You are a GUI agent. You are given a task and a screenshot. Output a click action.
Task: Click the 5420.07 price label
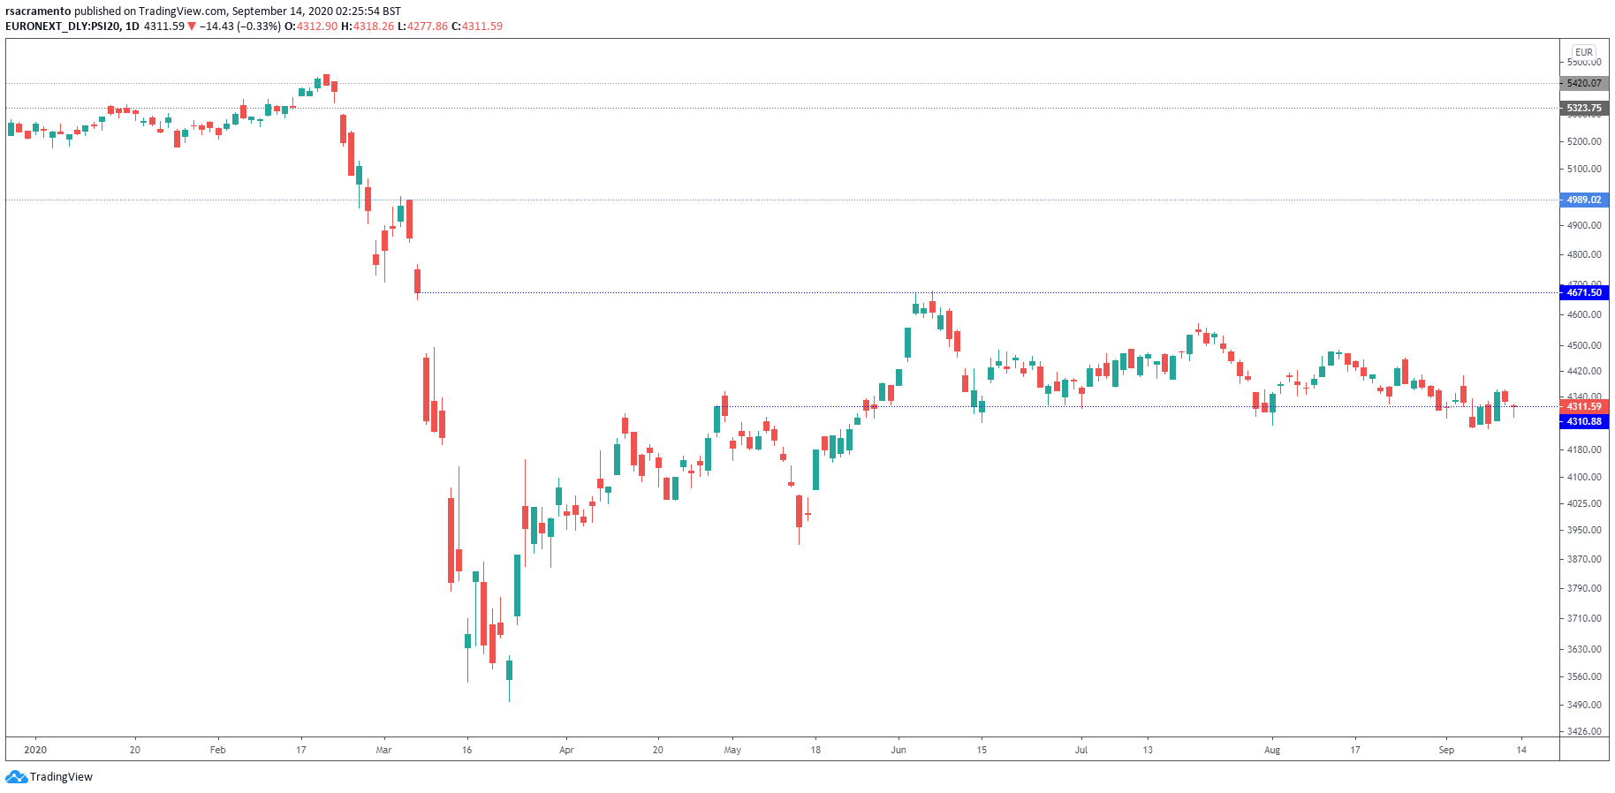pyautogui.click(x=1583, y=83)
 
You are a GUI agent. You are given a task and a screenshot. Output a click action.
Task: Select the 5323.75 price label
pyautogui.click(x=1583, y=108)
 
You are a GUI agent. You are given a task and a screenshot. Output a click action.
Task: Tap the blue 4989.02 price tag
pyautogui.click(x=1583, y=200)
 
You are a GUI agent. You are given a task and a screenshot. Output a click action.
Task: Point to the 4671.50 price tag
pyautogui.click(x=1583, y=292)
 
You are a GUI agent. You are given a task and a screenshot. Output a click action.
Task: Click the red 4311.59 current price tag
pyautogui.click(x=1583, y=406)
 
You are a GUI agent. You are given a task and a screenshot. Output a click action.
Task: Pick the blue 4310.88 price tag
pyautogui.click(x=1583, y=421)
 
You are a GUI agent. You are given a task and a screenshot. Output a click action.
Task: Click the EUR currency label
pyautogui.click(x=1583, y=52)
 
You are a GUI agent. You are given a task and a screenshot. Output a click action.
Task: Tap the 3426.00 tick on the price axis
pyautogui.click(x=1583, y=731)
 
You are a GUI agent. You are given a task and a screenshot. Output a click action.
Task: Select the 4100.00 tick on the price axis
pyautogui.click(x=1583, y=477)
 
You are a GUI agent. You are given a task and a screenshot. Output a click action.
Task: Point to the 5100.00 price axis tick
pyautogui.click(x=1583, y=169)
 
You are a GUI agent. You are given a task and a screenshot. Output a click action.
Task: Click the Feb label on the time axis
pyautogui.click(x=217, y=750)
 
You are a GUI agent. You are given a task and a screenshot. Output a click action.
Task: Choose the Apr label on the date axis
pyautogui.click(x=566, y=750)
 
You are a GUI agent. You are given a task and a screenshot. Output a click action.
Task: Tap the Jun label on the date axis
pyautogui.click(x=898, y=750)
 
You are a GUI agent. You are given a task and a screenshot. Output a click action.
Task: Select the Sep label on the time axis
pyautogui.click(x=1445, y=750)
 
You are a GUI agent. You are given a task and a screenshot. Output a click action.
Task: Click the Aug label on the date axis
pyautogui.click(x=1271, y=750)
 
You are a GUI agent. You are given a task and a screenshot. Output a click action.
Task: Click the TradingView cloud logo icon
pyautogui.click(x=16, y=777)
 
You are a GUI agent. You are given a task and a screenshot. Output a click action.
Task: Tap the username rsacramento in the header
pyautogui.click(x=38, y=11)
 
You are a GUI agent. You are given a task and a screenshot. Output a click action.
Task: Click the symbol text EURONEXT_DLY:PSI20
pyautogui.click(x=62, y=26)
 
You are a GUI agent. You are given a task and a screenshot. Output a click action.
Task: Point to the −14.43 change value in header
pyautogui.click(x=216, y=26)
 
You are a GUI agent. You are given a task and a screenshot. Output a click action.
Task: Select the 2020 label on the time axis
pyautogui.click(x=35, y=750)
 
